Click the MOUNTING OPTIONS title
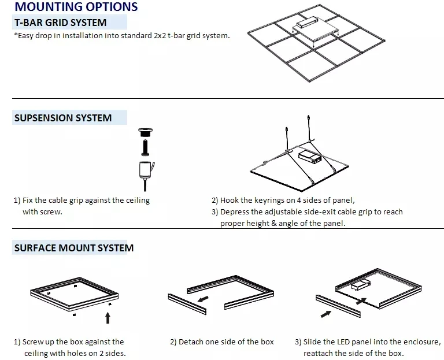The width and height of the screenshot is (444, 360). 76,7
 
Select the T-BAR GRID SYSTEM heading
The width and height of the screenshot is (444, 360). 60,23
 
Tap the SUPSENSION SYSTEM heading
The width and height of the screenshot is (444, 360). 62,118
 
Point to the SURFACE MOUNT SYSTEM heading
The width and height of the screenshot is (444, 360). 73,248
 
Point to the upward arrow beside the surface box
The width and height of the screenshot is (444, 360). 108,317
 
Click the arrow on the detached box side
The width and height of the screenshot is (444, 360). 202,300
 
